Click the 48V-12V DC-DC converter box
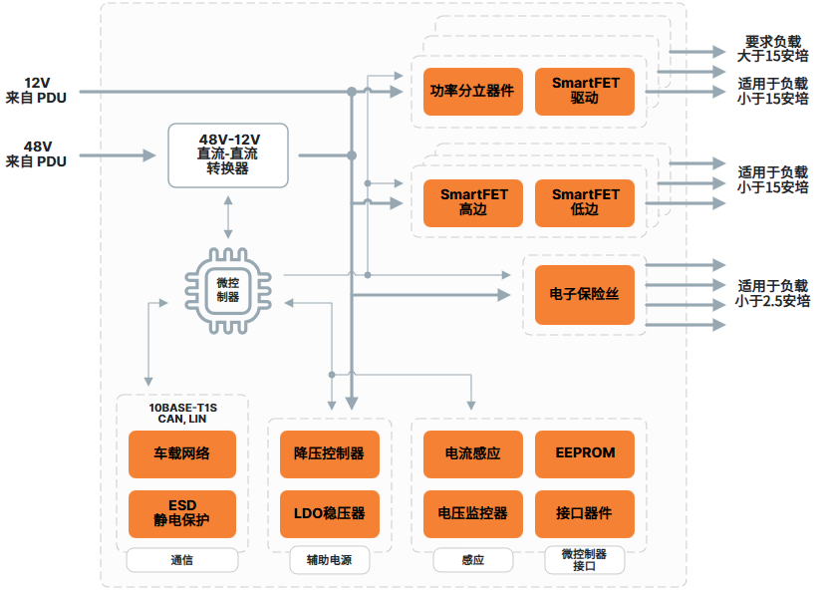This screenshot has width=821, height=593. [x=228, y=154]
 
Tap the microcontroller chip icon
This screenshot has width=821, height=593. [x=227, y=290]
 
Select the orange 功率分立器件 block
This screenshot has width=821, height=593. [x=471, y=91]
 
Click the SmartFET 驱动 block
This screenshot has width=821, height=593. [x=585, y=91]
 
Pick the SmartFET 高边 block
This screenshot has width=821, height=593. [x=471, y=202]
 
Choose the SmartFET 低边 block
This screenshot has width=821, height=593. [x=585, y=202]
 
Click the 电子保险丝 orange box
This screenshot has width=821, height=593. [x=585, y=294]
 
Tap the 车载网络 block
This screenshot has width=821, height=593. [x=182, y=453]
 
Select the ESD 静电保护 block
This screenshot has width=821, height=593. [x=182, y=513]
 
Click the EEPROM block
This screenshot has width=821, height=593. [x=585, y=453]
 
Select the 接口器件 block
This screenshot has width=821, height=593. [x=585, y=513]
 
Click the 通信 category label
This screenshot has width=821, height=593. [x=182, y=560]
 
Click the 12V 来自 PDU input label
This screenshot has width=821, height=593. [x=37, y=90]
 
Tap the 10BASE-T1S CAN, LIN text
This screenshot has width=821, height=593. [x=182, y=414]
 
